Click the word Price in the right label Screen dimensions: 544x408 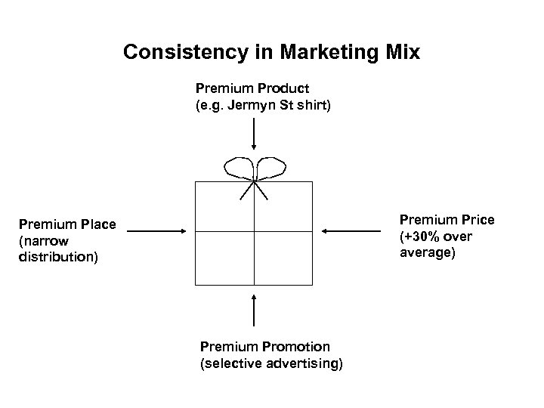[476, 220]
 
